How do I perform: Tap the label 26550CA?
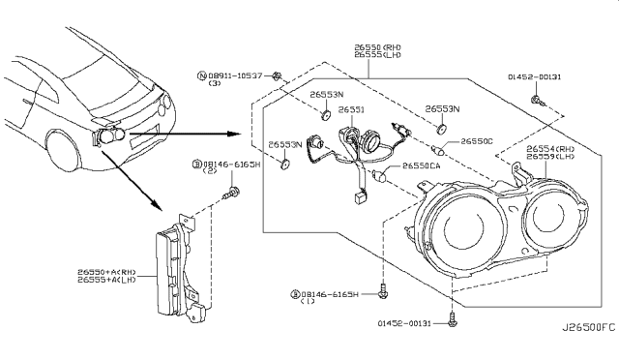[423, 166]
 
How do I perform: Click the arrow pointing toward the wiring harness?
[193, 134]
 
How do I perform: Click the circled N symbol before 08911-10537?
[200, 75]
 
